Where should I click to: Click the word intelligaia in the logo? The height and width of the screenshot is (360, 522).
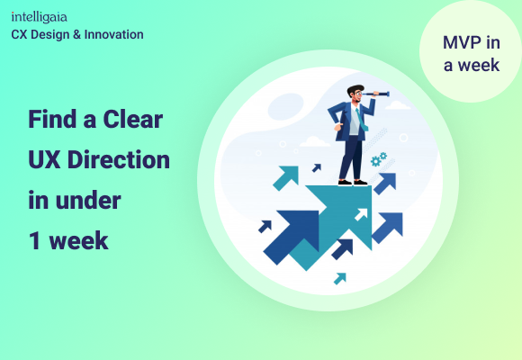[39, 17]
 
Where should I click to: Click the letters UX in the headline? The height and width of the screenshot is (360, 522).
[43, 160]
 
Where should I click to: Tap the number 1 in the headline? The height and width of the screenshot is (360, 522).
[33, 240]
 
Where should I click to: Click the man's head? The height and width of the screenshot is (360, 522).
[355, 93]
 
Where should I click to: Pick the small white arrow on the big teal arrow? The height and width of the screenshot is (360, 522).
[360, 214]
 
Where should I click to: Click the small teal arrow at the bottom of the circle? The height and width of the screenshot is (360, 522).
[339, 278]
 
